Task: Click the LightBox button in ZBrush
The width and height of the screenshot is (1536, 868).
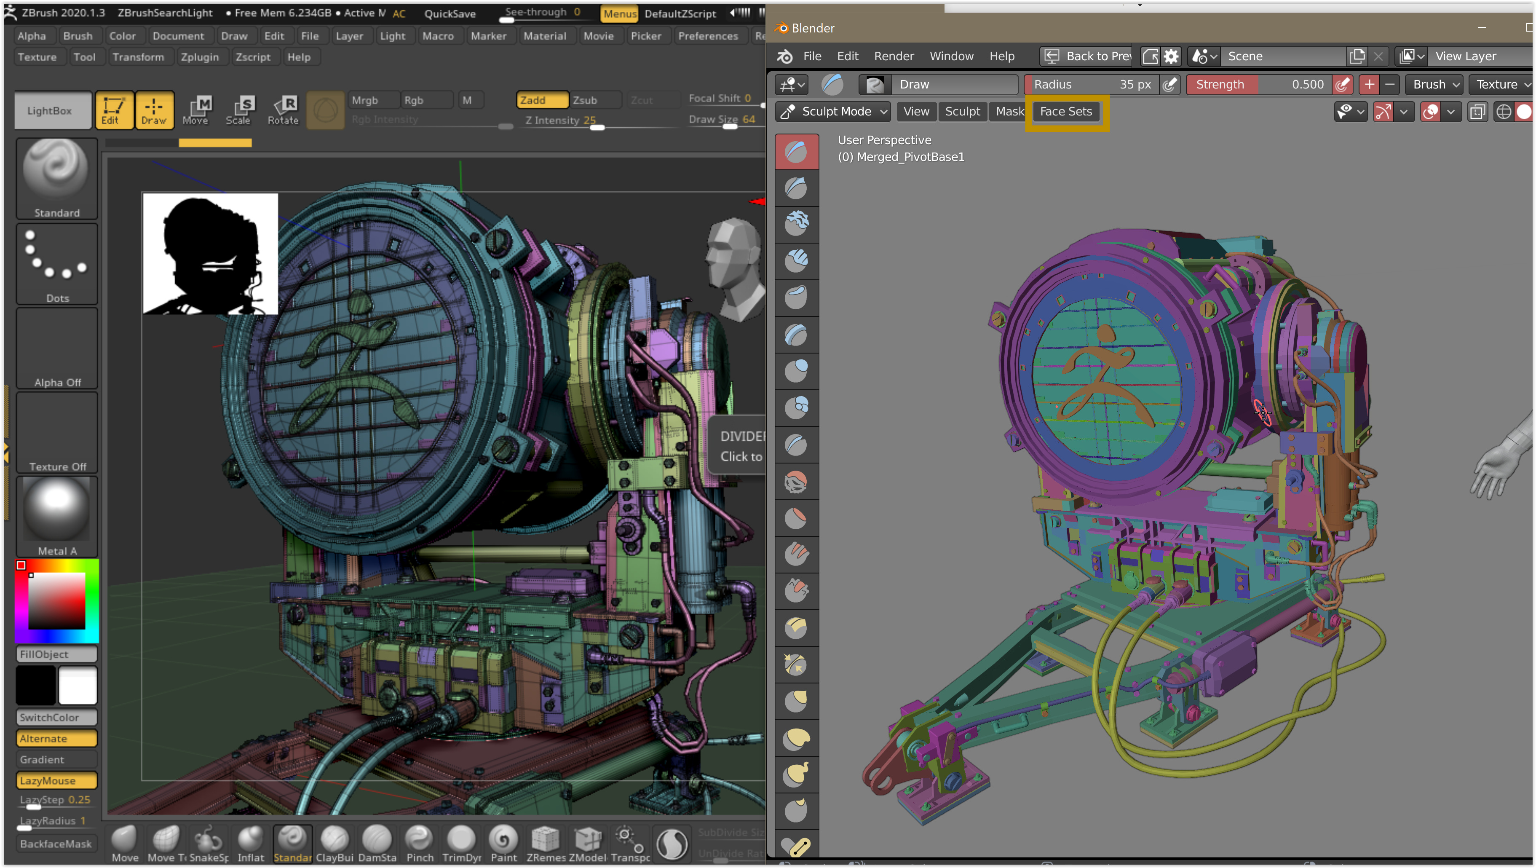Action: pyautogui.click(x=49, y=111)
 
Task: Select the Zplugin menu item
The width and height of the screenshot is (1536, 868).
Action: pyautogui.click(x=200, y=57)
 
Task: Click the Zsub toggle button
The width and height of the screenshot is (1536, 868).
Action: pyautogui.click(x=585, y=100)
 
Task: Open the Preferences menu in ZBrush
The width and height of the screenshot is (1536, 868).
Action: pyautogui.click(x=708, y=36)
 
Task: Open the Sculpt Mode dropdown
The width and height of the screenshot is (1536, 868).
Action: pyautogui.click(x=835, y=112)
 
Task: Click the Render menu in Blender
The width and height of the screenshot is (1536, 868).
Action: pyautogui.click(x=893, y=56)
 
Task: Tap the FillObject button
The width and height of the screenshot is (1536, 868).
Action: pyautogui.click(x=56, y=654)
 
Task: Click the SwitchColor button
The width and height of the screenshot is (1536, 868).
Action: pyautogui.click(x=56, y=717)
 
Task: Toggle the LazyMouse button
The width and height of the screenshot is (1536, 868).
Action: pyautogui.click(x=56, y=780)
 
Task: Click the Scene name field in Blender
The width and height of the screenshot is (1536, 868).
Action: pyautogui.click(x=1282, y=56)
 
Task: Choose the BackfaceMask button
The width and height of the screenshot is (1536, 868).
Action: pyautogui.click(x=56, y=844)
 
